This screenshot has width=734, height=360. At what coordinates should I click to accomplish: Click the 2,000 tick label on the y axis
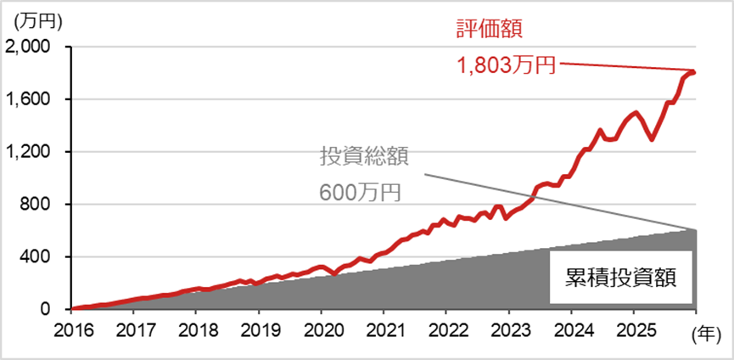(x=31, y=47)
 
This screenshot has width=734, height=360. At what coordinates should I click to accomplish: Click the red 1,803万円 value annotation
(x=507, y=65)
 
